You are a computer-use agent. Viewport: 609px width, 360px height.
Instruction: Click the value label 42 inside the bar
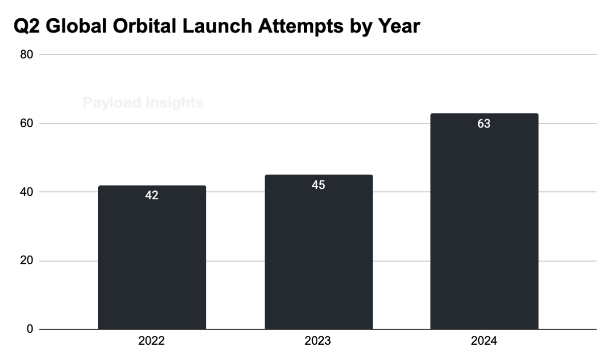point(152,195)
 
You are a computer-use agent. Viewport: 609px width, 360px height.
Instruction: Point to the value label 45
point(318,185)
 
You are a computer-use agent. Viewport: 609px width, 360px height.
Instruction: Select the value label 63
point(484,124)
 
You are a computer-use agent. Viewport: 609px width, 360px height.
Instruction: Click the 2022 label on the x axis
point(152,341)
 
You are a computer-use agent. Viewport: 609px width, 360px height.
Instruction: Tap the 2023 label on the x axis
point(318,341)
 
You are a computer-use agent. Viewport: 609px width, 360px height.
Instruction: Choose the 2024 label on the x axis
point(484,341)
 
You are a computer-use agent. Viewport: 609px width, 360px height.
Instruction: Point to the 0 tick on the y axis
point(30,329)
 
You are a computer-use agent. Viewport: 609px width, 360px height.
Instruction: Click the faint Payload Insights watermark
point(143,103)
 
